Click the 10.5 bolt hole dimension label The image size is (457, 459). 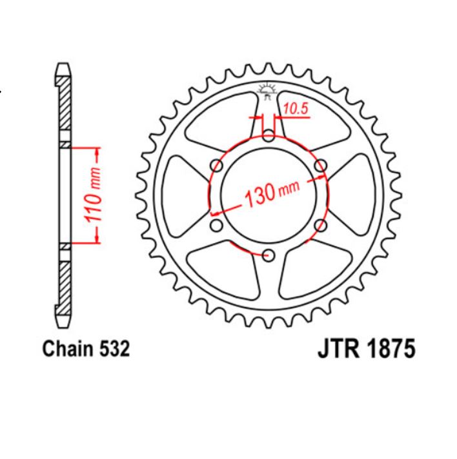click(296, 110)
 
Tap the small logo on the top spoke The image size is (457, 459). click(267, 90)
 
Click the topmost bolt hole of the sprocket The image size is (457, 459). click(269, 135)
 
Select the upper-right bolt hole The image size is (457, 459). click(320, 165)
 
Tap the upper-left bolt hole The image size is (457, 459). click(217, 165)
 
